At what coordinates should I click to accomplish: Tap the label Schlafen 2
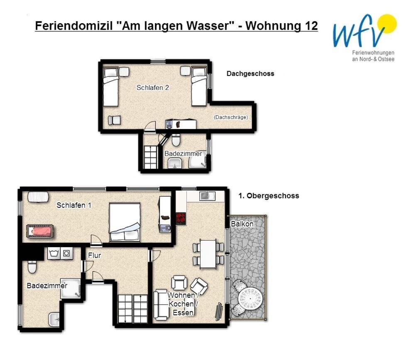pos(152,88)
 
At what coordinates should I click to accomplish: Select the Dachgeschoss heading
pos(250,73)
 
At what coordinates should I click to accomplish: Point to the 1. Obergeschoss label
pos(269,196)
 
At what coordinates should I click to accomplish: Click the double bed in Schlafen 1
pos(125,222)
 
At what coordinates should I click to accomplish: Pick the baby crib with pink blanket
pos(40,231)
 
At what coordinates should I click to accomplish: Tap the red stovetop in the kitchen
pos(181,219)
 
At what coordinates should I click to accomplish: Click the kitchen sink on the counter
pos(207,196)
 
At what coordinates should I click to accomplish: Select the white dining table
pos(208,254)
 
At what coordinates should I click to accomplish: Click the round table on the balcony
pos(250,299)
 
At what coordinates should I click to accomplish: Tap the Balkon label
pos(242,224)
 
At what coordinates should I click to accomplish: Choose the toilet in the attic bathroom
pos(176,140)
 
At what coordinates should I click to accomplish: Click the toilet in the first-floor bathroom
pos(32,267)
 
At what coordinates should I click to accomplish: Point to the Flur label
pos(94,255)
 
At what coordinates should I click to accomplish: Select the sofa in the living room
pos(161,305)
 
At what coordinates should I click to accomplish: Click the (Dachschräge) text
pos(231,117)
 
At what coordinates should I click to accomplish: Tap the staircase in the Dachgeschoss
pos(150,157)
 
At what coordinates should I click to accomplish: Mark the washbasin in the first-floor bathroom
pos(54,319)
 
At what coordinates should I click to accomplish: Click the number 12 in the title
pos(311,26)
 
